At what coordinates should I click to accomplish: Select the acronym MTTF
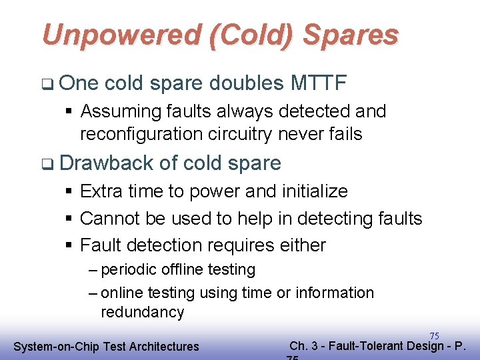pyautogui.click(x=319, y=83)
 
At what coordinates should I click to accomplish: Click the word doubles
pyautogui.click(x=247, y=83)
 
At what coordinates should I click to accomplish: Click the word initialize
pyautogui.click(x=310, y=191)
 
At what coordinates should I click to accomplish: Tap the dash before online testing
pyautogui.click(x=93, y=293)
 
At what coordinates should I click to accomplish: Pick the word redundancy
pyautogui.click(x=142, y=312)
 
